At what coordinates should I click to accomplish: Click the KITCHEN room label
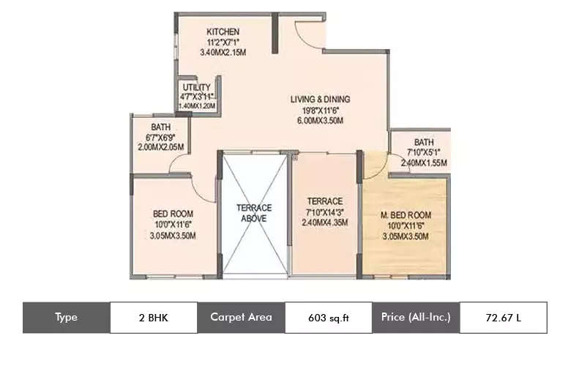point(224,31)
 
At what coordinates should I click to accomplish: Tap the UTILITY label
point(196,87)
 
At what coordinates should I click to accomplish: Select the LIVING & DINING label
point(320,99)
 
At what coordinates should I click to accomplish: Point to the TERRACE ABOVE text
point(254,213)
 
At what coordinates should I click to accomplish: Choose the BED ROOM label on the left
point(173,214)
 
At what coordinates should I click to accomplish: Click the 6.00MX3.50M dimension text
point(320,121)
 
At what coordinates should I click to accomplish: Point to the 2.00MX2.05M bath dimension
point(160,147)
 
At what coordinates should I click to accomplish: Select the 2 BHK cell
point(153,318)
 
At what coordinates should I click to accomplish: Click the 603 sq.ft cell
point(328,318)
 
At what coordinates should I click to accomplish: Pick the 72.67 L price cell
point(503,318)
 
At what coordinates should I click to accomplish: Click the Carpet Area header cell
point(241,318)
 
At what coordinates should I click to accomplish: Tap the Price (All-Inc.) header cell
point(416,318)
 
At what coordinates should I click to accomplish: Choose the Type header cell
point(66,318)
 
